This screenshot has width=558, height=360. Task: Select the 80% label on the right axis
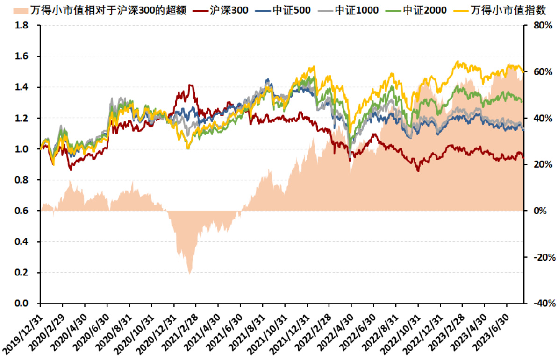click(543, 26)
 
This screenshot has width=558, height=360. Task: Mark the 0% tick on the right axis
click(540, 211)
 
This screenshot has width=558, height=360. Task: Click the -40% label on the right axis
click(543, 304)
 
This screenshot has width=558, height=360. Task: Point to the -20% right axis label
click(543, 257)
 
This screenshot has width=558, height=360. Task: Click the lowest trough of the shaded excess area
click(189, 273)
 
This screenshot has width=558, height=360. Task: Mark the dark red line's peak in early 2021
click(190, 85)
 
